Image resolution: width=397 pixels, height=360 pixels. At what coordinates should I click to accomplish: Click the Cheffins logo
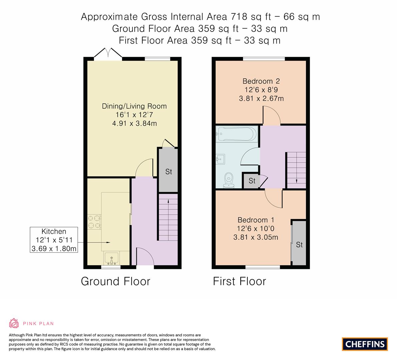point(365,344)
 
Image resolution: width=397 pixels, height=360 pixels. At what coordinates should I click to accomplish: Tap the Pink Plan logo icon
point(14,323)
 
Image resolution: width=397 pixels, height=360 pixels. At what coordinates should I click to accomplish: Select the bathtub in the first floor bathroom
point(237,134)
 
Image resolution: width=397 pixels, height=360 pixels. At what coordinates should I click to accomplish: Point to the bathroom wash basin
point(221,159)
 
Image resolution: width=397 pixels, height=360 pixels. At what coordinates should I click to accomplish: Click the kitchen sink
point(112,258)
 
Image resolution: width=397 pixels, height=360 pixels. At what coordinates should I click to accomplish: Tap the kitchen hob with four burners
point(94,222)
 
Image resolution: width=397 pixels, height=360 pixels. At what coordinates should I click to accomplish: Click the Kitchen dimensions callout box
point(54,240)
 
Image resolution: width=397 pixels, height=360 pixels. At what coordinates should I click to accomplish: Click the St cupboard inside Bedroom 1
point(299,244)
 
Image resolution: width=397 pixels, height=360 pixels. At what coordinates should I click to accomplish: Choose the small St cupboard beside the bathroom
point(252,181)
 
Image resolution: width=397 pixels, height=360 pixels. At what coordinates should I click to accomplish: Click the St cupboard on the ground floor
point(168,171)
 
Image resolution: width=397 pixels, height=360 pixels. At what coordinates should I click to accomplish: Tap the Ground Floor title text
point(115,281)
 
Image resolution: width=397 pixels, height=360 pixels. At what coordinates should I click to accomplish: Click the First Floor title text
point(239,281)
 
